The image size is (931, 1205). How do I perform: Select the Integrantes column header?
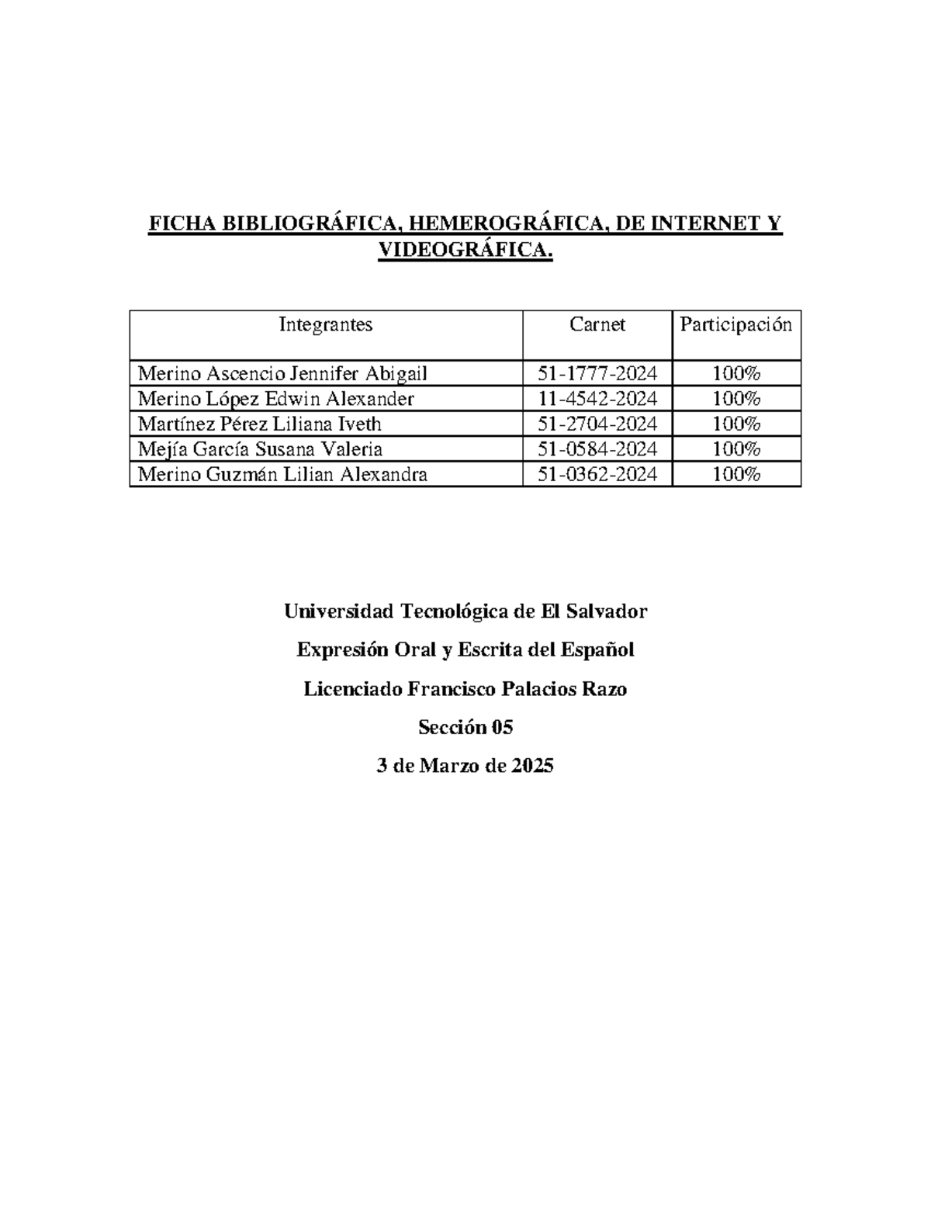point(326,324)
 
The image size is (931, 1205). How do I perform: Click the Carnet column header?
point(597,324)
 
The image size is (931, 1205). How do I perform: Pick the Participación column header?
point(736,324)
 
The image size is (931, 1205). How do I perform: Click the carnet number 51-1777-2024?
point(597,374)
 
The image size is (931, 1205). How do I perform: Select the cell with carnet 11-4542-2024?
point(597,399)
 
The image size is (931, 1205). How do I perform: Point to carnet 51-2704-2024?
point(597,424)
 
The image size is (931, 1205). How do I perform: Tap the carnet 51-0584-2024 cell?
point(597,449)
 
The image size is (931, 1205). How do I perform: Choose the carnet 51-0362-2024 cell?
point(597,474)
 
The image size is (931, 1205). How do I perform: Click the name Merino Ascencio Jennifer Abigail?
point(282,374)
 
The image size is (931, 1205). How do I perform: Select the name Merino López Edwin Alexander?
point(275,399)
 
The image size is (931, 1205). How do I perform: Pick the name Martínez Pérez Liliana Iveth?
point(259,424)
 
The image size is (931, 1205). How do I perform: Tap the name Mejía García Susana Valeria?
point(260,449)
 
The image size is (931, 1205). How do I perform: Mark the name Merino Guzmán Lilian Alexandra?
point(282,474)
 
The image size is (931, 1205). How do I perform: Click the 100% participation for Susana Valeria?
point(736,449)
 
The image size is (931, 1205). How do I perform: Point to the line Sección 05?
point(465,727)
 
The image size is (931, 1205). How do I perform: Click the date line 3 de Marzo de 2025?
point(465,766)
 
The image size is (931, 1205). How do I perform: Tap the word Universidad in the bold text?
point(339,611)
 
